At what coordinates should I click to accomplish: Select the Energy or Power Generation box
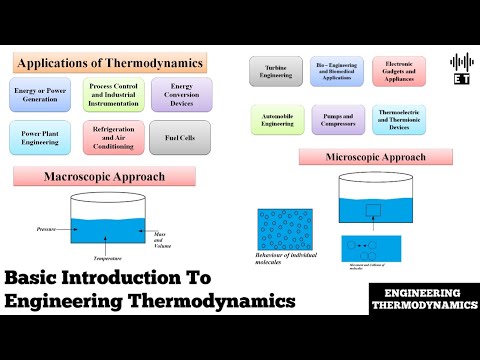coord(45,94)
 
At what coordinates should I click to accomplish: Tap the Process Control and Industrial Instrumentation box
coord(112,94)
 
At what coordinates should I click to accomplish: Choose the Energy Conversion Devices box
coord(181,94)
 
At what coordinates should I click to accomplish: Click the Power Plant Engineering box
coord(45,137)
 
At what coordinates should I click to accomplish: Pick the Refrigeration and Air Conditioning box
coord(112,137)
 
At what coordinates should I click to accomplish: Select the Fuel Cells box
coord(181,137)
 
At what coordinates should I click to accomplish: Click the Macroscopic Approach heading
coord(116,178)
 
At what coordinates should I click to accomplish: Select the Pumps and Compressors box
coord(337,118)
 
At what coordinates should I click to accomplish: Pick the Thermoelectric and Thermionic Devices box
coord(399,118)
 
